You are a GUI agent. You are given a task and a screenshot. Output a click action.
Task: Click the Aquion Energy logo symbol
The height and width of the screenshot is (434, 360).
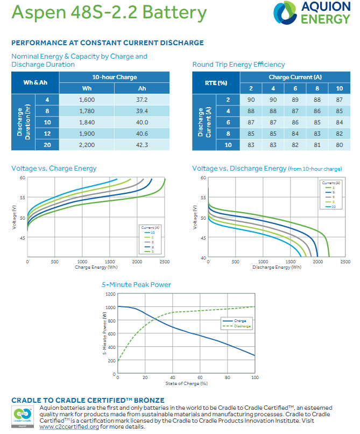click(285, 13)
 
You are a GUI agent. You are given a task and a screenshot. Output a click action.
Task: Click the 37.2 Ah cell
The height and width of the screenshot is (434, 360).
click(142, 100)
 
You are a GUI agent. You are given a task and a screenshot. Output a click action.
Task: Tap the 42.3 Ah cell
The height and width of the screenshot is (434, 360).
click(142, 144)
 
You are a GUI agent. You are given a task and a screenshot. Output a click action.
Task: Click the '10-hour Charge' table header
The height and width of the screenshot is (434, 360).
click(115, 77)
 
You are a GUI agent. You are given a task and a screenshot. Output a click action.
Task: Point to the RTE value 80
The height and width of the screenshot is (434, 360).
click(339, 144)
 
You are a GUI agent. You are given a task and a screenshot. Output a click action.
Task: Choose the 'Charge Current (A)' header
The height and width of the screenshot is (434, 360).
click(295, 77)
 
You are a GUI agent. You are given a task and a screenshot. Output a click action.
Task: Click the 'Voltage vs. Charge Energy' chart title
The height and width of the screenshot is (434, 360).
click(54, 169)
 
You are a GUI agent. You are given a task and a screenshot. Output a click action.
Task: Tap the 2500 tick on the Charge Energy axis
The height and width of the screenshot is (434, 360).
click(165, 262)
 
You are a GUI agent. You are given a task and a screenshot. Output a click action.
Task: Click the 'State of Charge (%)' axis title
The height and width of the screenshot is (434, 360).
click(186, 384)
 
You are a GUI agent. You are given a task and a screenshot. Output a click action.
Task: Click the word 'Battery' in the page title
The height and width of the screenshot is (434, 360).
click(173, 12)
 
